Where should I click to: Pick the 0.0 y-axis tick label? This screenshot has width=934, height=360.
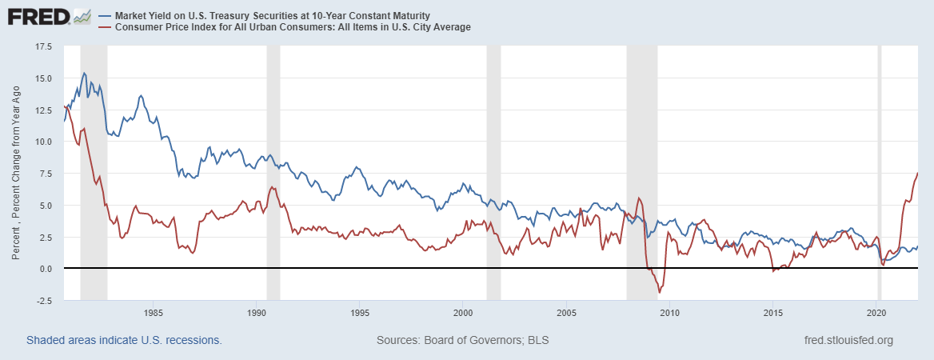(x=45, y=268)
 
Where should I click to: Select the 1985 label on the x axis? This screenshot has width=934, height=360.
(x=154, y=312)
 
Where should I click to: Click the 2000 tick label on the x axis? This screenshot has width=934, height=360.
(x=464, y=312)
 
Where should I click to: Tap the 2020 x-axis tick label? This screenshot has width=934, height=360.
(x=877, y=312)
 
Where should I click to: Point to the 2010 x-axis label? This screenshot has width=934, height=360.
(x=670, y=312)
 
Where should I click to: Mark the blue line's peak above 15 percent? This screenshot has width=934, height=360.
(x=84, y=73)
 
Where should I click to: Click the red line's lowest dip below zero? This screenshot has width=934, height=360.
(x=660, y=293)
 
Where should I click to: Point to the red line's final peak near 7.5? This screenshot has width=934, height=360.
(x=917, y=173)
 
